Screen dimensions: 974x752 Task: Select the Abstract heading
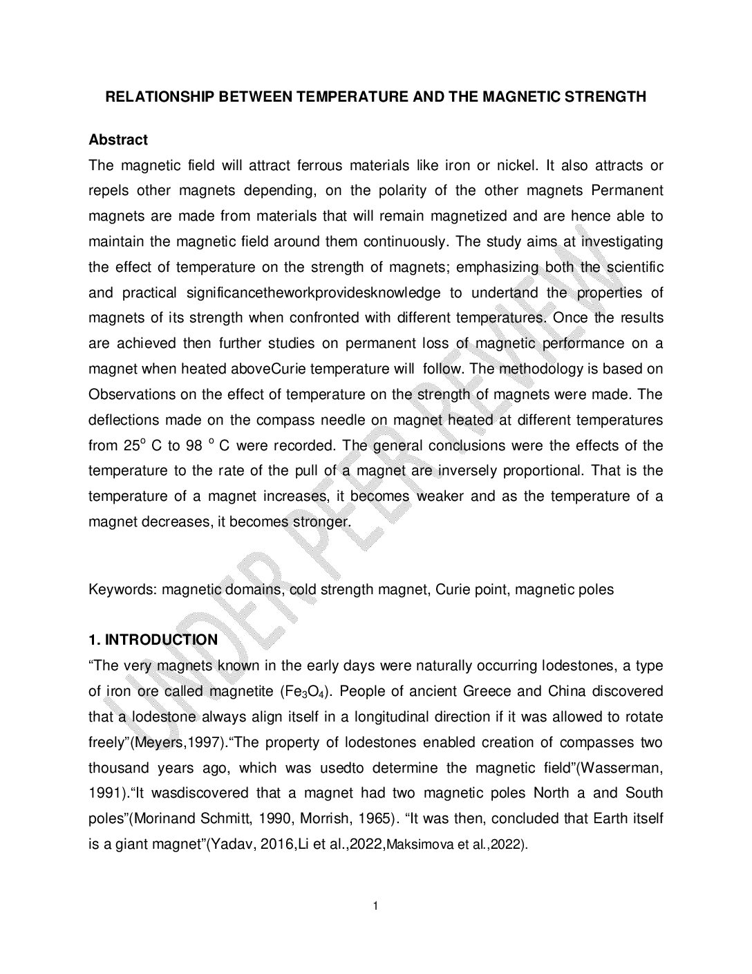click(x=118, y=140)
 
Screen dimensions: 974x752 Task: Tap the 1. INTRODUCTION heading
click(x=153, y=640)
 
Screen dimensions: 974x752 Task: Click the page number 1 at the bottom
click(x=375, y=906)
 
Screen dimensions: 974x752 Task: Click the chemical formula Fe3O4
click(x=302, y=692)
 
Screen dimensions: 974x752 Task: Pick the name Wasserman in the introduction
click(x=618, y=769)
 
